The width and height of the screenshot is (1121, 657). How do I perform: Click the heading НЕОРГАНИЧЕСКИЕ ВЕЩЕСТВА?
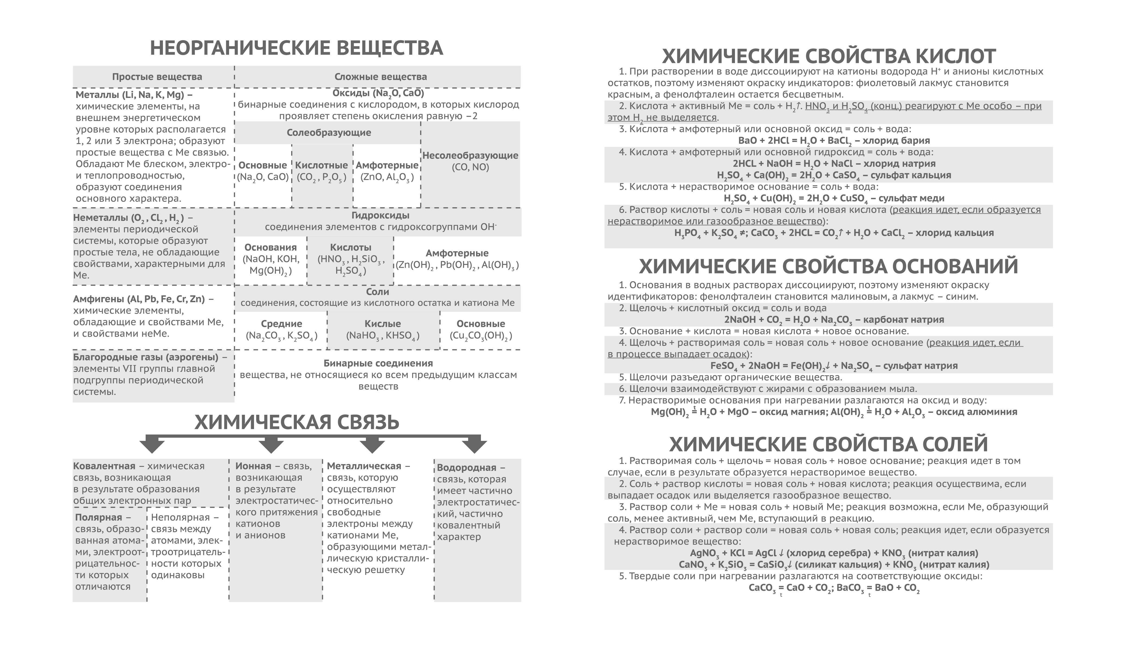click(296, 48)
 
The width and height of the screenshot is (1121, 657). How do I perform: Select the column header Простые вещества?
click(157, 76)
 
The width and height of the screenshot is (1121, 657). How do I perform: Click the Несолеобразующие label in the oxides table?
click(470, 155)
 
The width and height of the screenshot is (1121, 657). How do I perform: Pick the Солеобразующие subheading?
click(329, 133)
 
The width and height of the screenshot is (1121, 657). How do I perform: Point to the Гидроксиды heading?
click(380, 215)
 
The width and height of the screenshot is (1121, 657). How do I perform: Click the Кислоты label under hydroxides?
click(351, 247)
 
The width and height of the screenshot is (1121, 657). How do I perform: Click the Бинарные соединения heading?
click(378, 363)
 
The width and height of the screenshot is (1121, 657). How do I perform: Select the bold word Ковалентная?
click(104, 466)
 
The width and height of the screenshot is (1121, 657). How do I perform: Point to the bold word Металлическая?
click(364, 466)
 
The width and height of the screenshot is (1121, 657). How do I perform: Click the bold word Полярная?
click(98, 517)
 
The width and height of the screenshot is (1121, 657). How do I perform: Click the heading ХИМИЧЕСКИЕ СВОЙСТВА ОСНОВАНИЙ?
click(828, 266)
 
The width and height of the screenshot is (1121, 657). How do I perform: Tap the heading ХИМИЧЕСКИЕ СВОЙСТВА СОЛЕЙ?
click(828, 444)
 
